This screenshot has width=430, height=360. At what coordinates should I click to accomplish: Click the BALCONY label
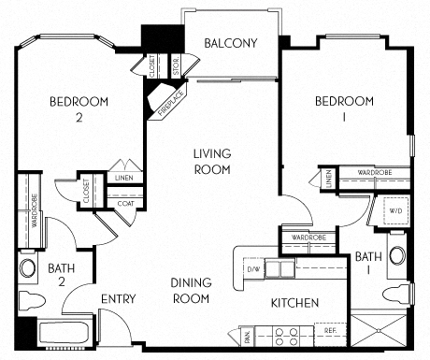pyautogui.click(x=231, y=43)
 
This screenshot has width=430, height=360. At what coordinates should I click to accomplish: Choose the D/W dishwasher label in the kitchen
pyautogui.click(x=252, y=270)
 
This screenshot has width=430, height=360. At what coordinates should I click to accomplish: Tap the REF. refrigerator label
pyautogui.click(x=330, y=331)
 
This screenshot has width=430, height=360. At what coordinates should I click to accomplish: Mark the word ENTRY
pyautogui.click(x=119, y=299)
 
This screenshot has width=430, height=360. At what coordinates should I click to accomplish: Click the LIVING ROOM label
pyautogui.click(x=212, y=161)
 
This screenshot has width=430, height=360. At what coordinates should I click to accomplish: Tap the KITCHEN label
pyautogui.click(x=294, y=303)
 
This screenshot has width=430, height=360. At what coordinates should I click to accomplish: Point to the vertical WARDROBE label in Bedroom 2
pyautogui.click(x=35, y=211)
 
